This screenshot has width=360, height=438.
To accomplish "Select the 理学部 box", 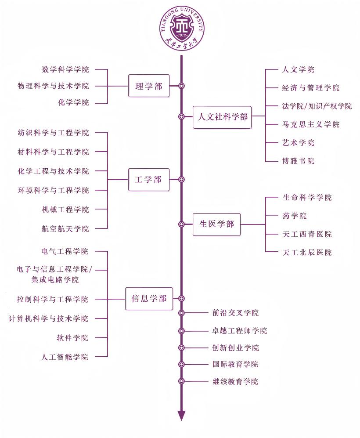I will pos(149,86).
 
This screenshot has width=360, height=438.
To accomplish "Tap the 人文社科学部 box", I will pos(222,117).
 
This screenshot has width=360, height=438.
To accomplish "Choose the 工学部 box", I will pos(149,180).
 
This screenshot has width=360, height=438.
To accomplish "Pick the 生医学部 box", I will pos(217,224).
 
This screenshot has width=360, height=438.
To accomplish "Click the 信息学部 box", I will pos(149,299).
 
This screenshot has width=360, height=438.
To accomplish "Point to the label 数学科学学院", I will pos(65,69).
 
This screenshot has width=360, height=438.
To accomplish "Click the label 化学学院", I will pos(73,102).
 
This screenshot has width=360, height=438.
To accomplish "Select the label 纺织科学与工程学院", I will pos(53,133).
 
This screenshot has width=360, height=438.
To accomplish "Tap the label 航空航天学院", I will pos(65,228).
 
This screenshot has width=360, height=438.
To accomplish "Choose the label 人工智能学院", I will pos(65,357).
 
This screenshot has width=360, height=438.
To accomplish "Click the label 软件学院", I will pos(72,337).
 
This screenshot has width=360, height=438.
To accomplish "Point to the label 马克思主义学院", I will pos(311,124).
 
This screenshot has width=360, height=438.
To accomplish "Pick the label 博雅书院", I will pos(299,161).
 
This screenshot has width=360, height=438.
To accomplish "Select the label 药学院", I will pos(295,216).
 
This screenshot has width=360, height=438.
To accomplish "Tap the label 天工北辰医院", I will pos(307,252).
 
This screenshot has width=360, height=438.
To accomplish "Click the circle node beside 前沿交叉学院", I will pos(181,313).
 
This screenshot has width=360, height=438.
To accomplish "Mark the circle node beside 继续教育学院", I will pos(181,381).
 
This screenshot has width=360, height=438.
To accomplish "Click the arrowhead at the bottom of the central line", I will pos(181,415).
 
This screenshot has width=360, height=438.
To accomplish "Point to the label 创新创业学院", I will pos(235,348).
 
